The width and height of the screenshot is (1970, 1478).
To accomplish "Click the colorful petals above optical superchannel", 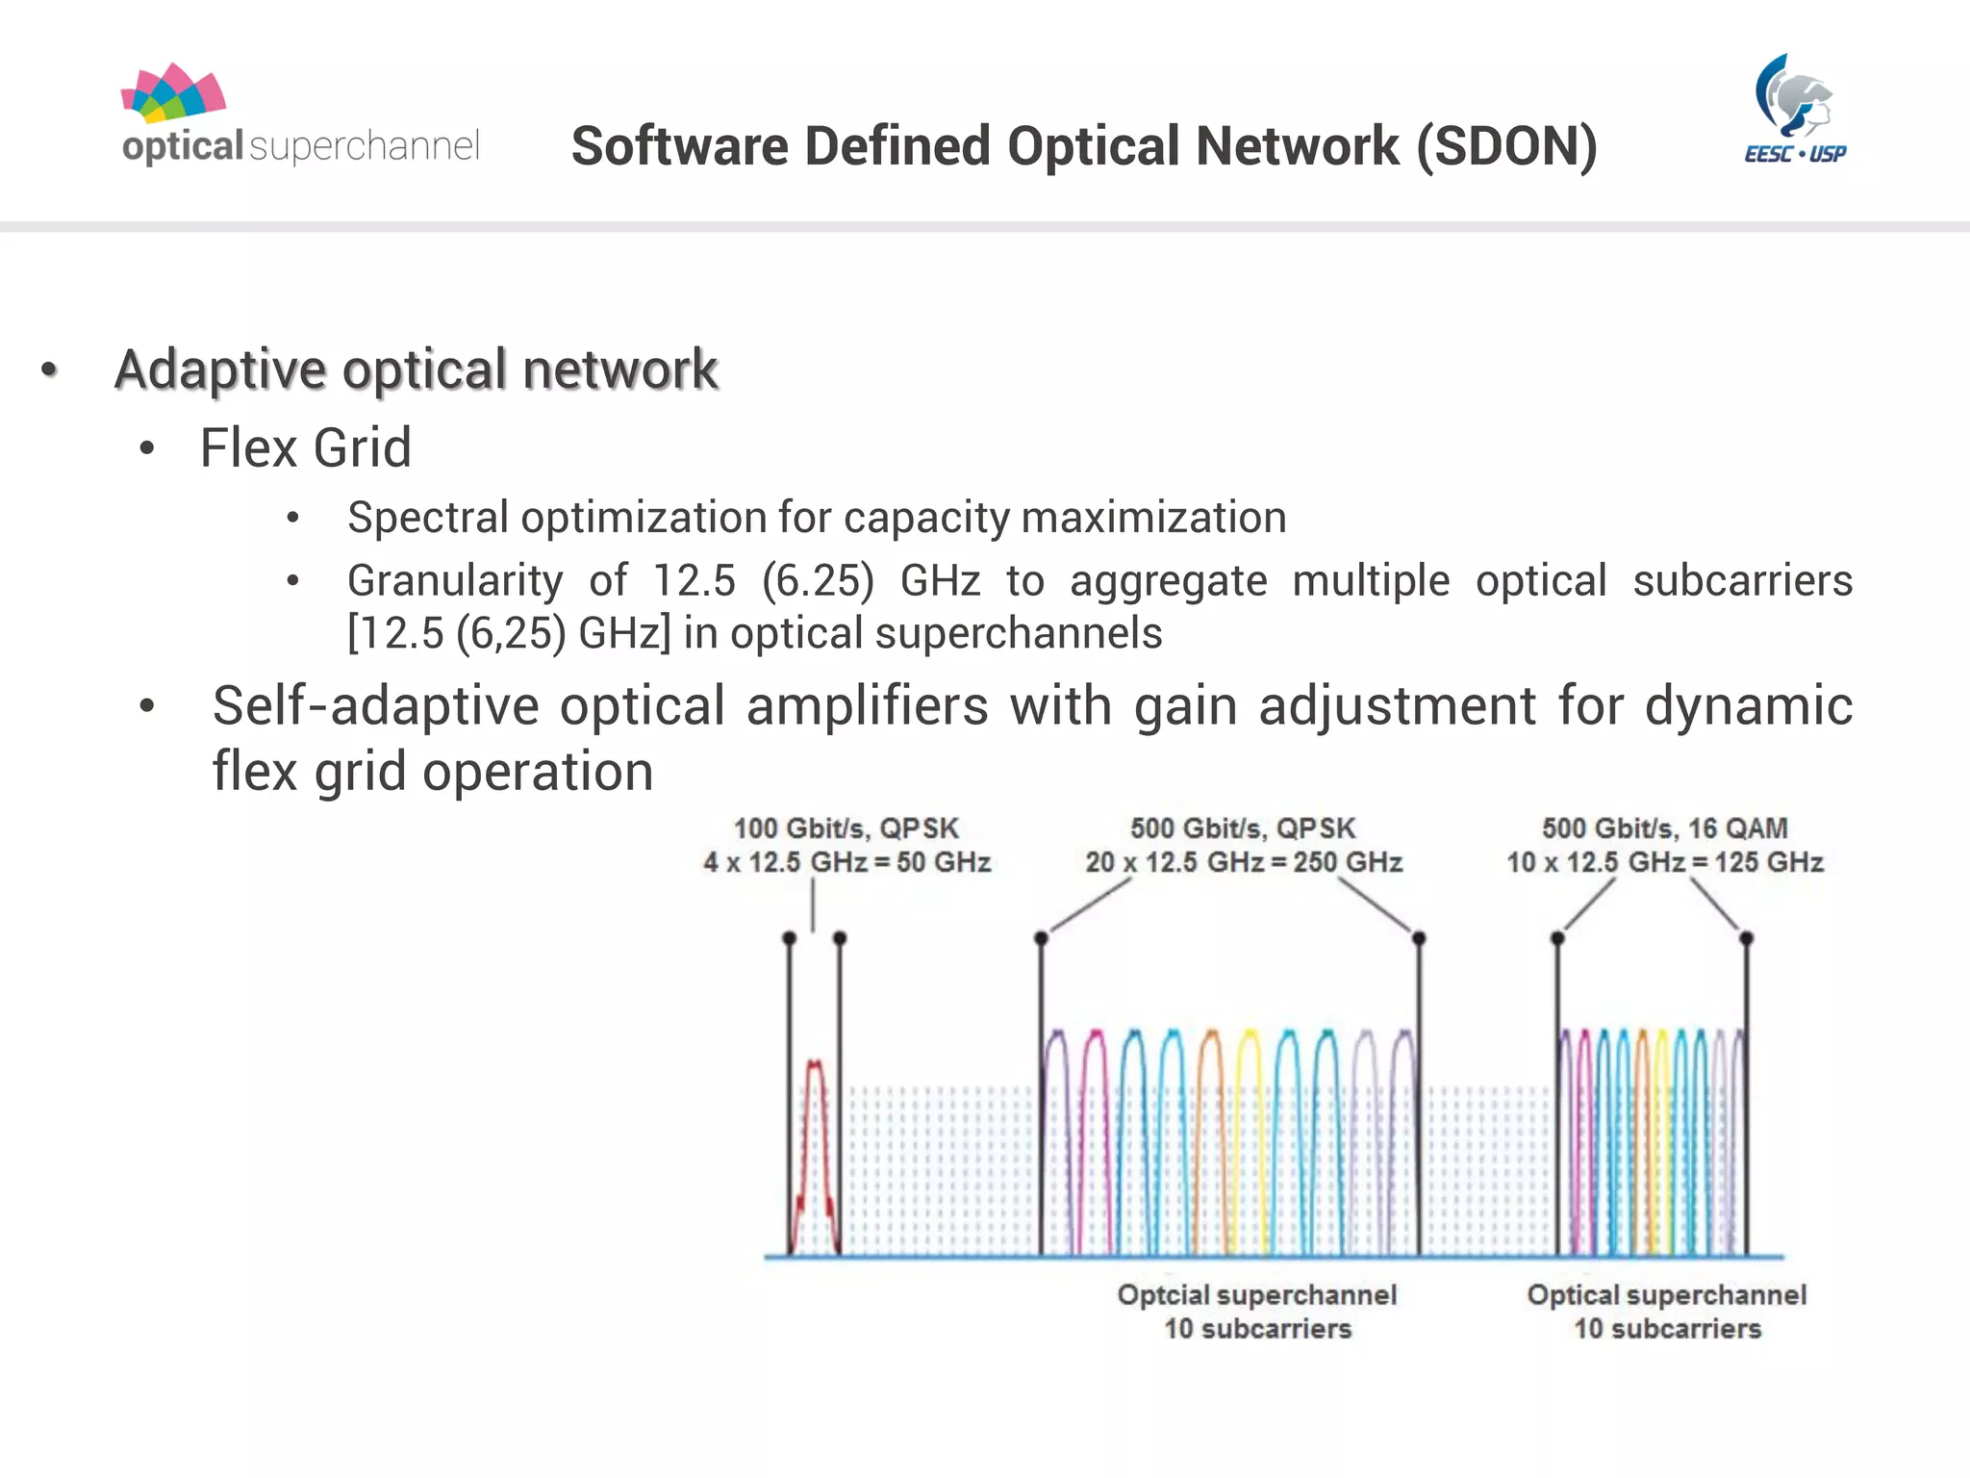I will (x=173, y=93).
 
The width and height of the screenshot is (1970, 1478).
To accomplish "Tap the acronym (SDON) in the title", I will (x=1506, y=146).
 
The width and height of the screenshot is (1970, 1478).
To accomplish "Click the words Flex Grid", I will (x=305, y=448).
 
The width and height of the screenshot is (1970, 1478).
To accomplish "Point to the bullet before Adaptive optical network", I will (x=49, y=370).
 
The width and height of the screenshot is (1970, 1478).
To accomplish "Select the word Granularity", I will (x=455, y=581).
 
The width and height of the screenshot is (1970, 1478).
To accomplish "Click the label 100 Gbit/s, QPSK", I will (x=846, y=828).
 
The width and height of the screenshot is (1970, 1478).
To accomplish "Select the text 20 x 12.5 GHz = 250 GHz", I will (x=1243, y=862).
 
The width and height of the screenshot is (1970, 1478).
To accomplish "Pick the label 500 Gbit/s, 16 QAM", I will (x=1664, y=828).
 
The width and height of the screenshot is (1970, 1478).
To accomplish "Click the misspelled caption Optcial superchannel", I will (x=1256, y=1295).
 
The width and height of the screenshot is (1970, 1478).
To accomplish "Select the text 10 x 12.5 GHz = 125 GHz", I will (x=1664, y=862).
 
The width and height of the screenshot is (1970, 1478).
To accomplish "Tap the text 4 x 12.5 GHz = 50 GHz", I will (x=846, y=862).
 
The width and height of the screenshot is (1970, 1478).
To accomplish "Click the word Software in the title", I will (x=679, y=146).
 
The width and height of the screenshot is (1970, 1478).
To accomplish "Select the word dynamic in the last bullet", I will (x=1748, y=706).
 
